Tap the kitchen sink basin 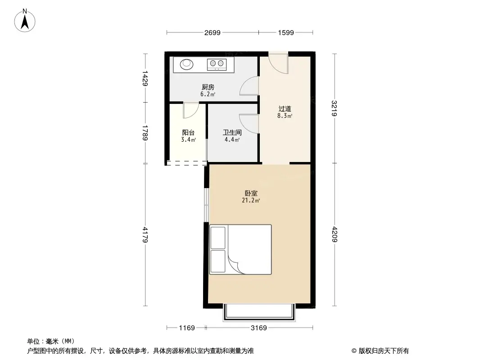(x=187, y=64)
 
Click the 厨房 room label (x=208, y=87)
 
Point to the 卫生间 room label (x=232, y=133)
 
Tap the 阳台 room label (x=188, y=133)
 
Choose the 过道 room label (x=285, y=108)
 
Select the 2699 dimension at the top (x=212, y=32)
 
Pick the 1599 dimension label (x=286, y=32)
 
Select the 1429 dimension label (x=145, y=78)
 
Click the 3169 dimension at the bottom (x=259, y=328)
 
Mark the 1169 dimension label (x=187, y=328)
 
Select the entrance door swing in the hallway (x=279, y=63)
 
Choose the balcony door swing (x=191, y=109)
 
